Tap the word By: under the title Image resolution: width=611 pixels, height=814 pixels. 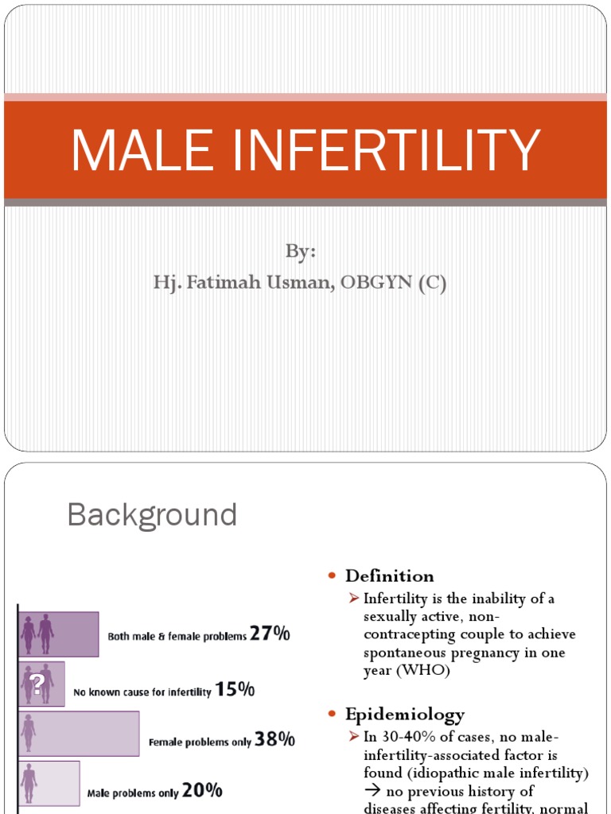(x=301, y=252)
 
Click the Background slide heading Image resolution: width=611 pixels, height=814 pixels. (x=152, y=515)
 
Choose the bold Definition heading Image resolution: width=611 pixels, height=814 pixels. (x=390, y=576)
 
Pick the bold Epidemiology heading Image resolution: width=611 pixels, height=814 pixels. (x=405, y=714)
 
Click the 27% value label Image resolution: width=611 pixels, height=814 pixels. (x=270, y=634)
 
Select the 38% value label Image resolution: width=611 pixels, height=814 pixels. (x=276, y=740)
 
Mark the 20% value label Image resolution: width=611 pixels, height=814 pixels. (x=202, y=791)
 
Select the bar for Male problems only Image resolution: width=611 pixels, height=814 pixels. (x=49, y=784)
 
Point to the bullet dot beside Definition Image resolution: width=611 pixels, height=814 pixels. (x=333, y=576)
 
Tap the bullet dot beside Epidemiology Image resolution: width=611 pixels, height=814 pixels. (x=333, y=714)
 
